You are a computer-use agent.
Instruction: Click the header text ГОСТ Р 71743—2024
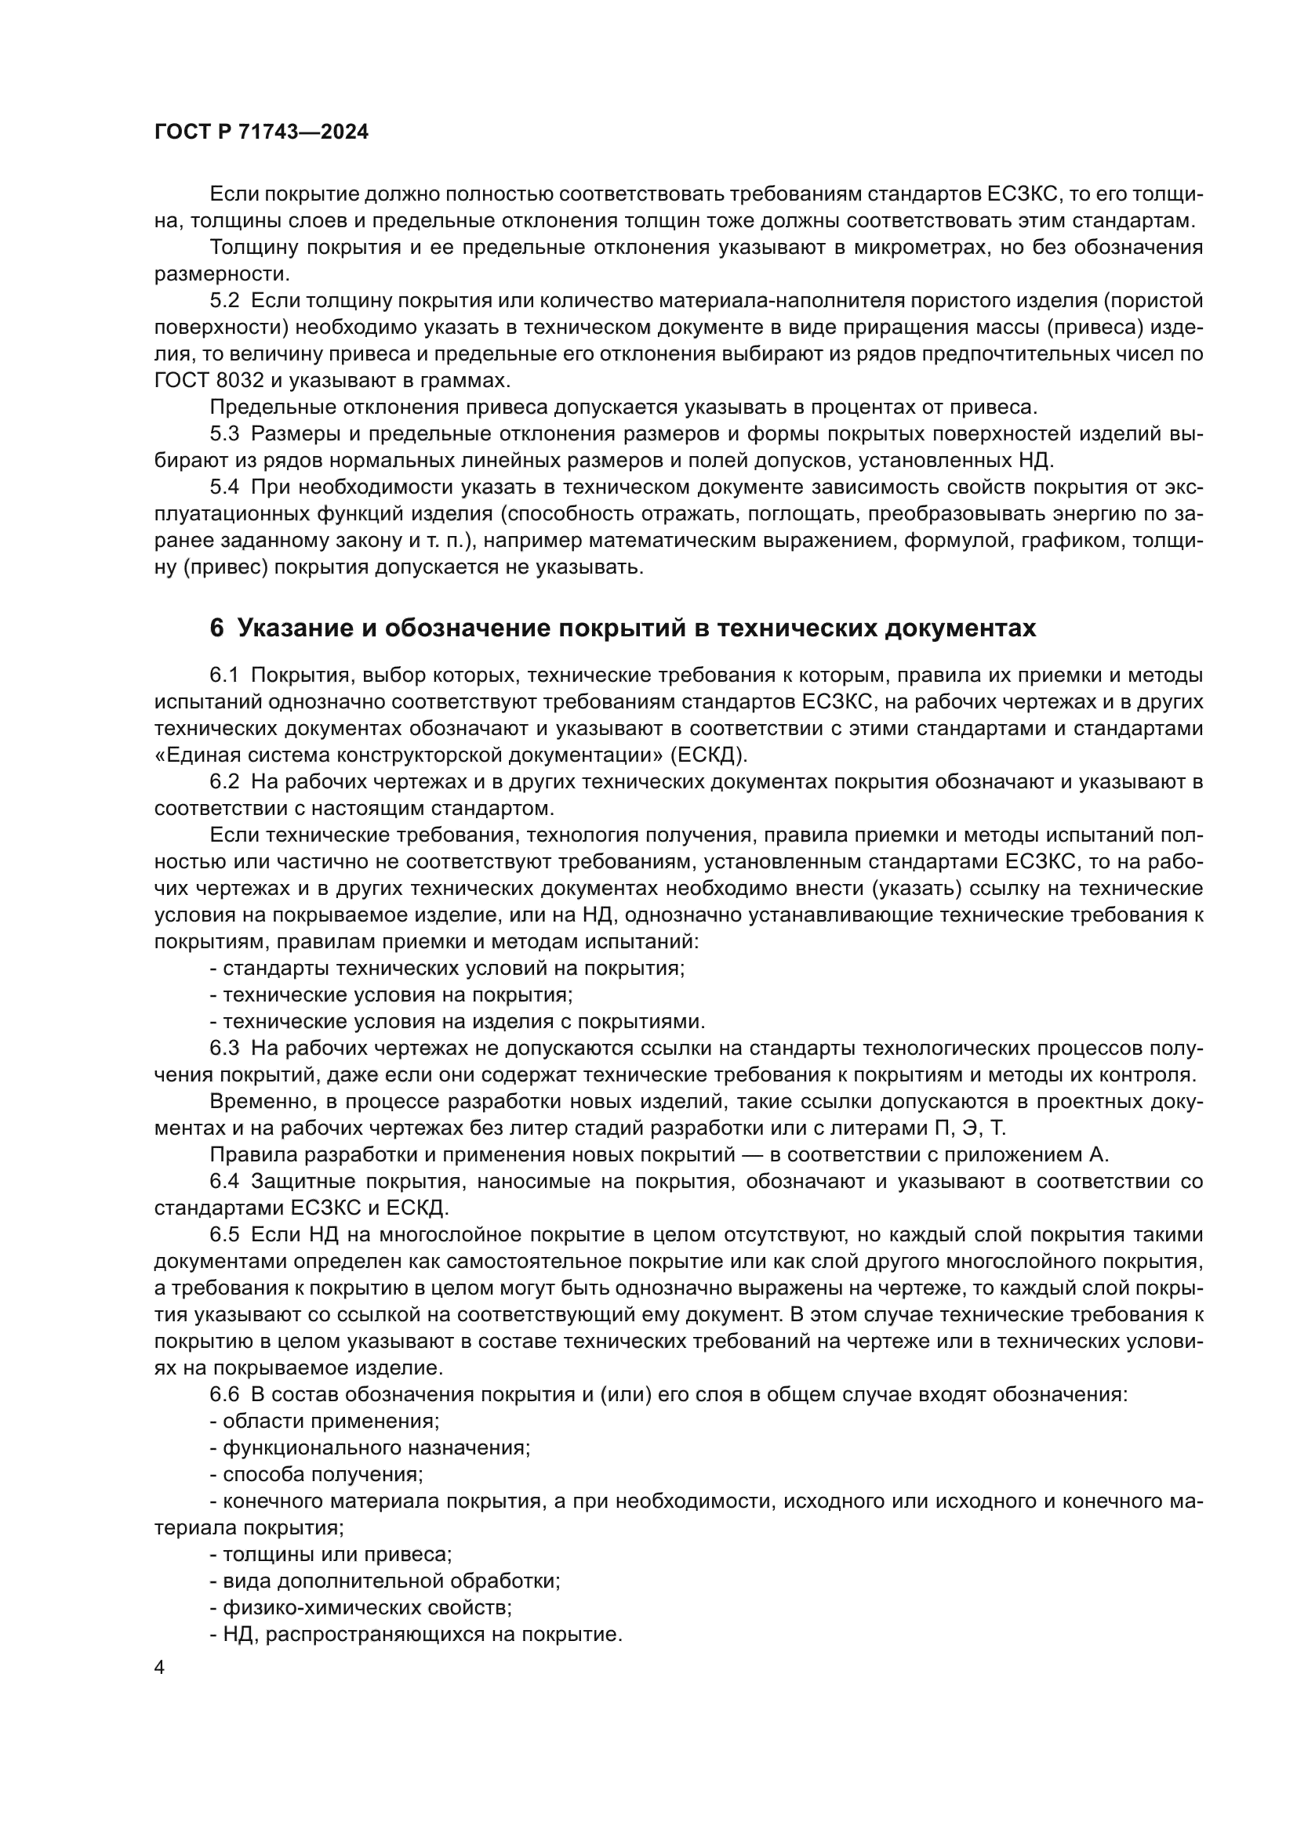click(261, 132)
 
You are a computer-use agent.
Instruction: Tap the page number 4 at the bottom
click(160, 1668)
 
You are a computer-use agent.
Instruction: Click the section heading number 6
click(216, 629)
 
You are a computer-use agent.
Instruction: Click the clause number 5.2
click(224, 301)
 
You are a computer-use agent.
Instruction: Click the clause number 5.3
click(224, 434)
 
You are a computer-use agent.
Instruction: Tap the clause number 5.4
click(224, 487)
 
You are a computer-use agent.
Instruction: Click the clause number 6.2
click(224, 781)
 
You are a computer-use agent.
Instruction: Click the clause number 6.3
click(224, 1049)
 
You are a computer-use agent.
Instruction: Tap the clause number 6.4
click(224, 1182)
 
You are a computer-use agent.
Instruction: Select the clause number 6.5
click(224, 1235)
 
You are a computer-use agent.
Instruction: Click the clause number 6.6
click(224, 1395)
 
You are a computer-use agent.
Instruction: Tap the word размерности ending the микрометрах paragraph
click(220, 274)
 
